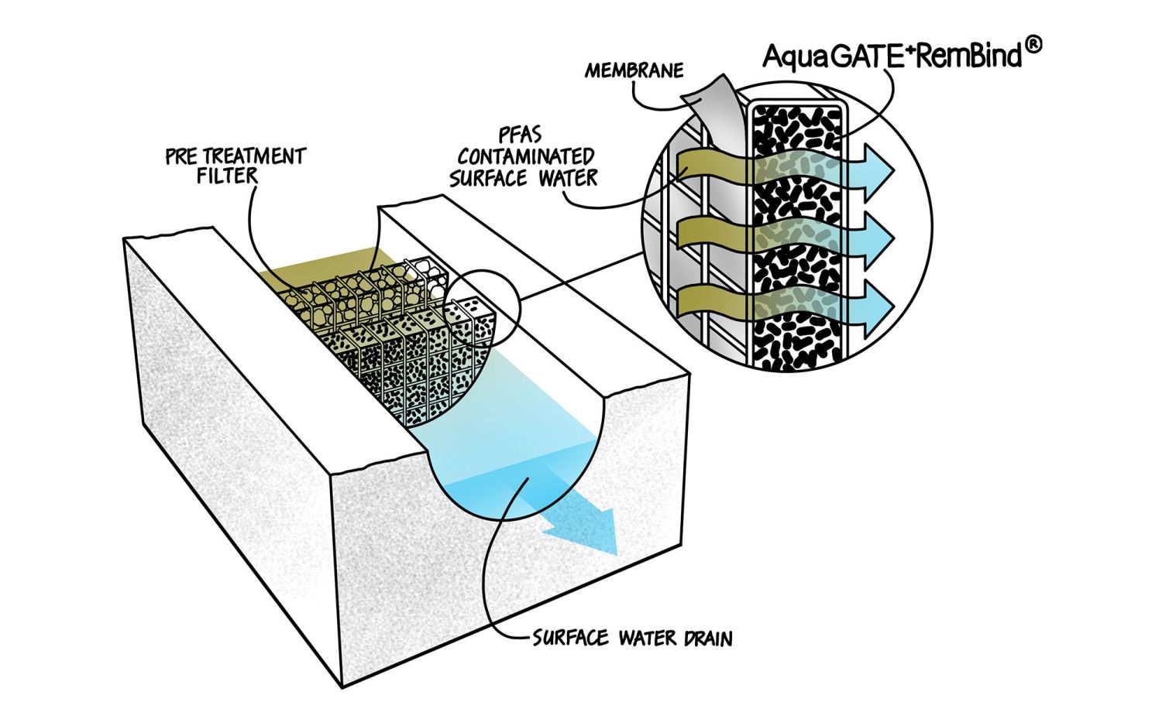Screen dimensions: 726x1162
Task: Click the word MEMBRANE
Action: (x=634, y=71)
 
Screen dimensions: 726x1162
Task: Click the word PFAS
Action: (x=521, y=134)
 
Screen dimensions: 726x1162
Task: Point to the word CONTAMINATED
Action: (x=526, y=156)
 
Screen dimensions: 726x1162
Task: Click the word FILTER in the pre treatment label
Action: (x=226, y=176)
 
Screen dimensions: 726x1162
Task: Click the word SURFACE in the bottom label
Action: (x=571, y=639)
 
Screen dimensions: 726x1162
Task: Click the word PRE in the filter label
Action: (x=182, y=156)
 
